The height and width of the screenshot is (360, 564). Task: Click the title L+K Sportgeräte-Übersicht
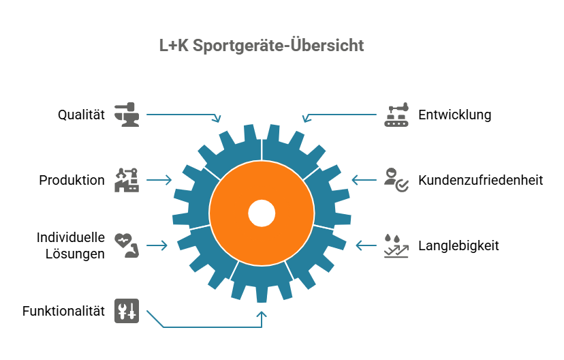pyautogui.click(x=262, y=46)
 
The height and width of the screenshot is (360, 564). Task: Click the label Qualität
pyautogui.click(x=81, y=115)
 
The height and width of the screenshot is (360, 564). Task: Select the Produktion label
pyautogui.click(x=72, y=180)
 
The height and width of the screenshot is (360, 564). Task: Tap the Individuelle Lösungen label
pyautogui.click(x=71, y=245)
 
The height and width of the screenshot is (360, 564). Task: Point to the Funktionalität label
pyautogui.click(x=63, y=311)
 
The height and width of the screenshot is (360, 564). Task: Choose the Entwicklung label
pyautogui.click(x=454, y=115)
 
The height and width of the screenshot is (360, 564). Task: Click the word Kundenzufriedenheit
pyautogui.click(x=480, y=180)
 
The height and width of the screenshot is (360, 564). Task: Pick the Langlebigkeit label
pyautogui.click(x=458, y=245)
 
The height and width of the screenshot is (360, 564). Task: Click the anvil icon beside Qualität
pyautogui.click(x=127, y=115)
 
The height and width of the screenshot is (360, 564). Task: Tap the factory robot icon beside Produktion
pyautogui.click(x=127, y=180)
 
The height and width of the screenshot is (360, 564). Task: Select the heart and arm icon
pyautogui.click(x=127, y=245)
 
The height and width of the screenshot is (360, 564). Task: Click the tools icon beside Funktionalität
pyautogui.click(x=127, y=311)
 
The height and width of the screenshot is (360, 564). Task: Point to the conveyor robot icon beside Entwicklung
pyautogui.click(x=396, y=115)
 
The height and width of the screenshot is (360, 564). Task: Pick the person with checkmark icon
pyautogui.click(x=396, y=180)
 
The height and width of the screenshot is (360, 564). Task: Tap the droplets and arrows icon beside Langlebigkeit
pyautogui.click(x=396, y=245)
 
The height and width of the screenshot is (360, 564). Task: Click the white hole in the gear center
pyautogui.click(x=262, y=213)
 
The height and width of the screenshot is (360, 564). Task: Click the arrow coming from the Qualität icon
pyautogui.click(x=183, y=115)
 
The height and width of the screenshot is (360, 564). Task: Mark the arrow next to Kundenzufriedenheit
pyautogui.click(x=364, y=180)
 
